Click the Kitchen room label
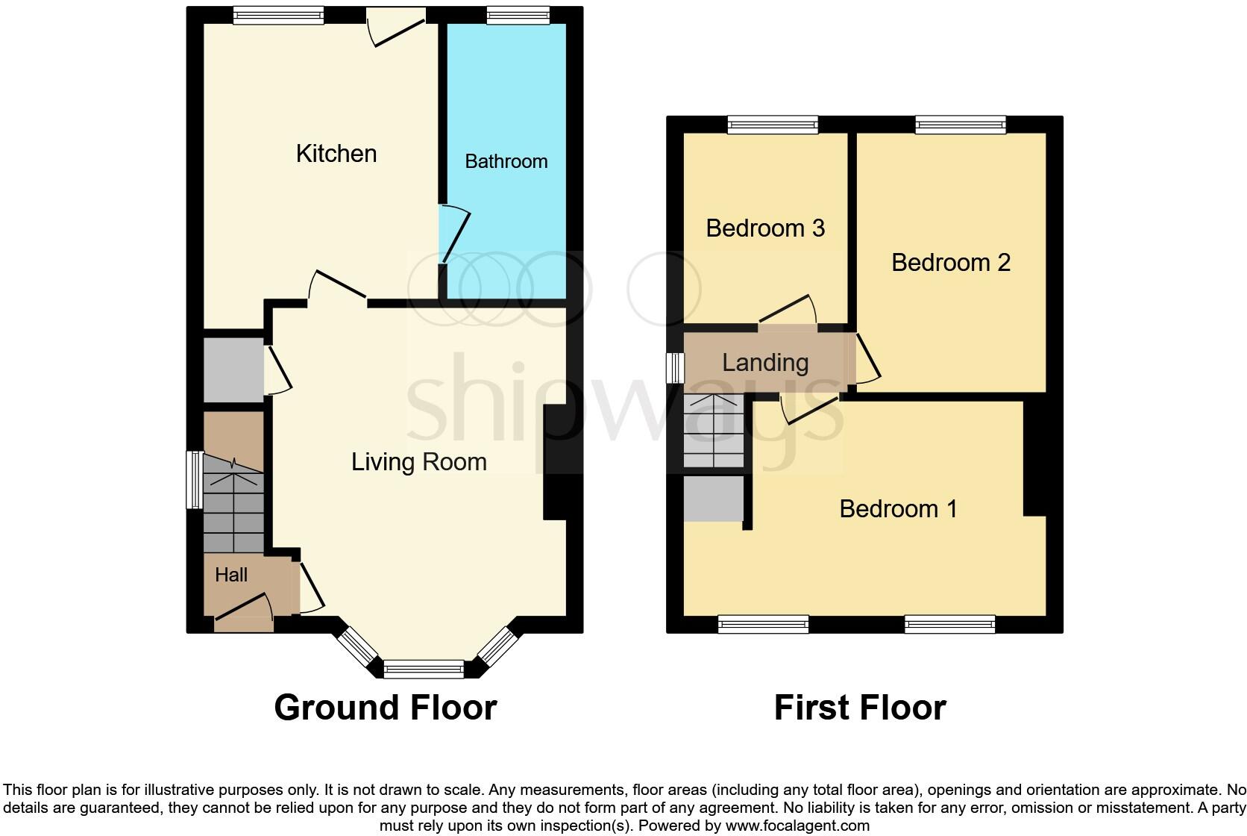pos(336,154)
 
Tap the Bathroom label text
pos(506,161)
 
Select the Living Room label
pos(418,462)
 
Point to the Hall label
pos(231,575)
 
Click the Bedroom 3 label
pos(765,228)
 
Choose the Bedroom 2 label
pos(951,263)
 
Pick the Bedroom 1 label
pos(898,509)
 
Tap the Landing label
pos(765,363)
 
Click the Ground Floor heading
pos(386,708)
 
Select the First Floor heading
pos(860,708)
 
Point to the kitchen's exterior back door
pos(397,26)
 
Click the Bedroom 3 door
pos(788,311)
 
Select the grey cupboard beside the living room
pos(233,371)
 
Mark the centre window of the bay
pos(424,670)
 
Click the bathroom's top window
pos(518,16)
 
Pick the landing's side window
pos(675,367)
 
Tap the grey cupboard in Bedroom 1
pos(714,499)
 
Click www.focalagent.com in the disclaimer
pos(797,826)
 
